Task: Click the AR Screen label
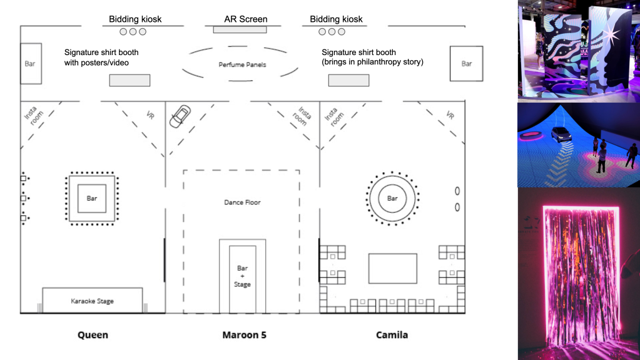click(246, 19)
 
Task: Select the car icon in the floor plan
click(180, 115)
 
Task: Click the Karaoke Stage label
click(93, 301)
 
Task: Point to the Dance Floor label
click(242, 202)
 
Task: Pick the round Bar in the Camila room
click(392, 198)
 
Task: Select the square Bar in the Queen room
click(92, 198)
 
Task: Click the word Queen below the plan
click(93, 335)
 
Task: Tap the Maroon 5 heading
click(245, 335)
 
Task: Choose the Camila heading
click(392, 335)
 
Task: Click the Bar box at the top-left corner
click(31, 63)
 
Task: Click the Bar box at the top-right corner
click(467, 63)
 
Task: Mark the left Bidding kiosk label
click(135, 19)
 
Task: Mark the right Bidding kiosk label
click(337, 19)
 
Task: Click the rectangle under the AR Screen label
click(240, 29)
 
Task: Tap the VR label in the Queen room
click(150, 115)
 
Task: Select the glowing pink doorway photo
click(579, 274)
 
